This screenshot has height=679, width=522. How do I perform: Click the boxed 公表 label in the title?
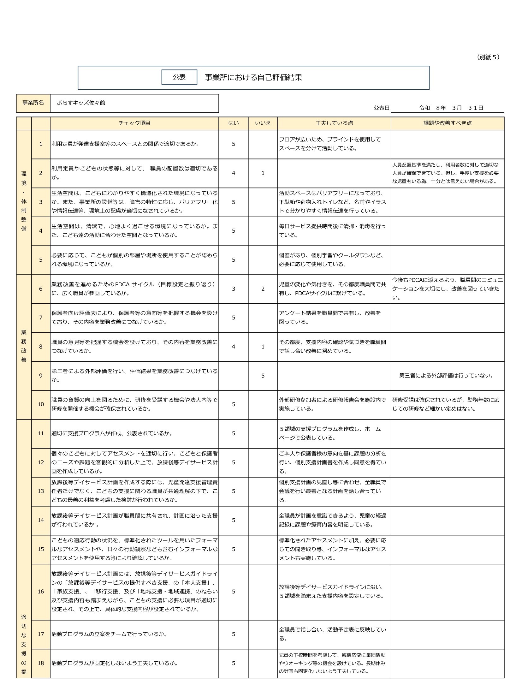point(179,77)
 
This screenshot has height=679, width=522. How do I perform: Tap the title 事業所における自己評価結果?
point(253,77)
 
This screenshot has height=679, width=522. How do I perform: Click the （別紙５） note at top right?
point(488,57)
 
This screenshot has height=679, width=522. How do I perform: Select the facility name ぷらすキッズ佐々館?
point(81,103)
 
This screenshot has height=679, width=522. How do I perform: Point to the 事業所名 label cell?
point(33,103)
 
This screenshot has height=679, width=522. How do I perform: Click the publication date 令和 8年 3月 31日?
point(451,108)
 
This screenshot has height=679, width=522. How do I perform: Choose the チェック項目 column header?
point(134,123)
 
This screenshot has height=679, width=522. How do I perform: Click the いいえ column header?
point(263,123)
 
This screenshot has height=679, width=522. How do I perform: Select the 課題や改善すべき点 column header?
point(447,123)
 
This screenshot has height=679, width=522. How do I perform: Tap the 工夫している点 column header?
point(334,123)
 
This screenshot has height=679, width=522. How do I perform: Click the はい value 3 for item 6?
point(234,289)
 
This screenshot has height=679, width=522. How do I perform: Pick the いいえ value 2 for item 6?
point(263,289)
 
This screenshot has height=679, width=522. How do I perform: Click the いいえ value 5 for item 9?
point(263,376)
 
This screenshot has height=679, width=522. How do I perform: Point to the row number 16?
point(41,592)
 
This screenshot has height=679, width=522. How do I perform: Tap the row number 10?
point(41,404)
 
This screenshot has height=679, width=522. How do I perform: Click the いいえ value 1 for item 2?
point(263,173)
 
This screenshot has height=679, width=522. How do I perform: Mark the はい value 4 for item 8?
point(234,347)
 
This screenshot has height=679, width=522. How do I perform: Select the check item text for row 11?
point(112,433)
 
